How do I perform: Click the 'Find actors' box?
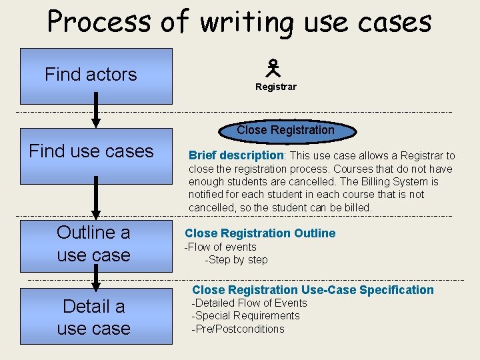tap(96, 75)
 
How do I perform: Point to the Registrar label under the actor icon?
tap(275, 87)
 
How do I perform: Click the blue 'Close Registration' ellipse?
tap(286, 130)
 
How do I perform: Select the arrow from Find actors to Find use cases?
tap(96, 109)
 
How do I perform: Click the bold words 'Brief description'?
tap(237, 155)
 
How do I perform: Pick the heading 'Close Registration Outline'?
tap(260, 233)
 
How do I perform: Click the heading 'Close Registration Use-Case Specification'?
tap(313, 290)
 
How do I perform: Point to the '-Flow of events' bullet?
tap(220, 247)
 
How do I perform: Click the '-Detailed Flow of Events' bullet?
tap(249, 303)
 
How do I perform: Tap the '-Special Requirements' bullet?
tap(245, 316)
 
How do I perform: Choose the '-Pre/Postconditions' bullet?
tap(237, 329)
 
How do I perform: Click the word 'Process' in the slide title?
tap(100, 21)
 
